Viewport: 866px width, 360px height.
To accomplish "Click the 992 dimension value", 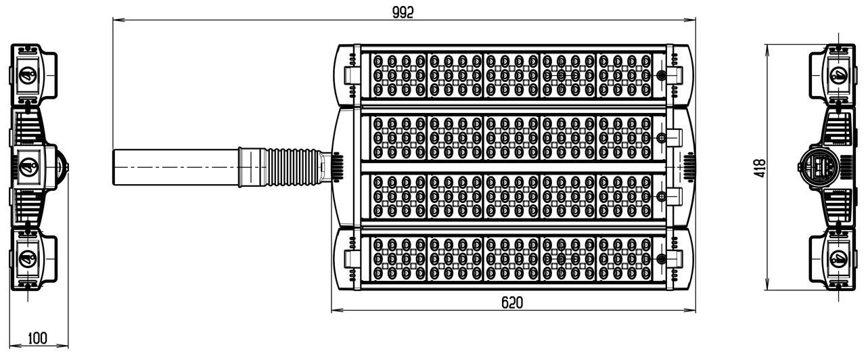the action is point(403,12).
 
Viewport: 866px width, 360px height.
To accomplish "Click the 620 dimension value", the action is point(512,302).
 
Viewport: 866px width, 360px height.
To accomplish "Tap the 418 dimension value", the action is point(760,168).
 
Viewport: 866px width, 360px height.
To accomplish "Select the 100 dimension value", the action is point(38,338).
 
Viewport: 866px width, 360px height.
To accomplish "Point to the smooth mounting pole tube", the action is point(176,167).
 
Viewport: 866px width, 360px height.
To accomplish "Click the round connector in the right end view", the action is point(819,167).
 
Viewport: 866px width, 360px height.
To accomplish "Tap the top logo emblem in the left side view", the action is point(28,75).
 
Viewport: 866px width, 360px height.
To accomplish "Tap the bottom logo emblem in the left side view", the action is point(28,258).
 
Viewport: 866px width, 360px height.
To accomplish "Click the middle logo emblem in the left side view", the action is point(28,167).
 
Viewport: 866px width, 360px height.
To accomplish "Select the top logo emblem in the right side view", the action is point(838,75).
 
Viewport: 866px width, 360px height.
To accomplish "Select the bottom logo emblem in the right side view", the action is point(838,258).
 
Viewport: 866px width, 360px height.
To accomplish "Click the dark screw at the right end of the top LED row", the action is point(662,75).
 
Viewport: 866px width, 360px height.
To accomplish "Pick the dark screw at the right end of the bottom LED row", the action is point(662,258).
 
